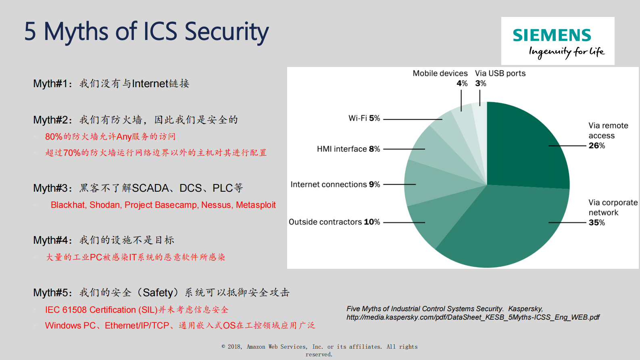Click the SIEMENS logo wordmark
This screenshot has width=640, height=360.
[552, 36]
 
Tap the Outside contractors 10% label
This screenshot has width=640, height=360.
[334, 222]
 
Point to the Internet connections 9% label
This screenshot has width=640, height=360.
[335, 184]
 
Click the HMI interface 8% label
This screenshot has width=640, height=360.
[348, 149]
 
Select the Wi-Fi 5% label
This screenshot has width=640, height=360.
[364, 118]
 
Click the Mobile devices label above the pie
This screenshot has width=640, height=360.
[440, 73]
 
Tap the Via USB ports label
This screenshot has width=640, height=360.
[500, 73]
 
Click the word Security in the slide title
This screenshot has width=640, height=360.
[227, 31]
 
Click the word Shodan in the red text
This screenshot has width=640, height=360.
[105, 205]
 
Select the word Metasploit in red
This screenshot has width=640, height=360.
[256, 205]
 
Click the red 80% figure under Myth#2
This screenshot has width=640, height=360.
[54, 137]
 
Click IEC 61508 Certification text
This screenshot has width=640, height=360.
[90, 310]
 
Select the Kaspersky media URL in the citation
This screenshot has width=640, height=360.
[473, 317]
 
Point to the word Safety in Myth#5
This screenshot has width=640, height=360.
[158, 293]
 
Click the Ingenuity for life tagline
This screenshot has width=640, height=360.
[566, 52]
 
